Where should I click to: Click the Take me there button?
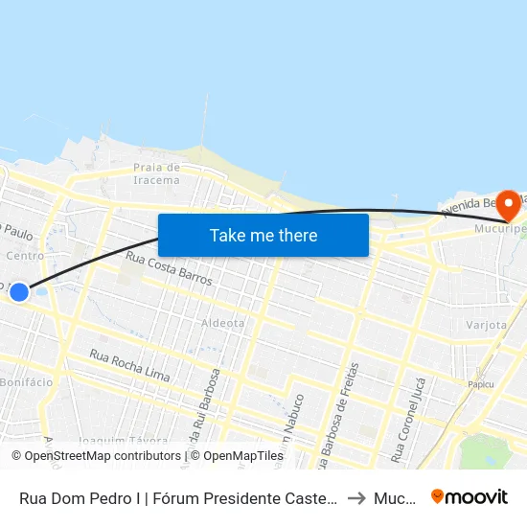[x=263, y=235]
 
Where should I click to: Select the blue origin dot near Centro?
[x=19, y=291]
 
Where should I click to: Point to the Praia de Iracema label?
[x=156, y=173]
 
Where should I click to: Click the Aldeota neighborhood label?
[x=222, y=323]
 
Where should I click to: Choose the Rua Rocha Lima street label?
[x=129, y=365]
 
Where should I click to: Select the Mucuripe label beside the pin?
[x=501, y=230]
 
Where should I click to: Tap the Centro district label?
[x=25, y=256]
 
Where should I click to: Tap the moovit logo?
[x=470, y=496]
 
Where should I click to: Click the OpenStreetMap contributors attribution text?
[x=101, y=456]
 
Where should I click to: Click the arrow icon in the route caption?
[x=355, y=497]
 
